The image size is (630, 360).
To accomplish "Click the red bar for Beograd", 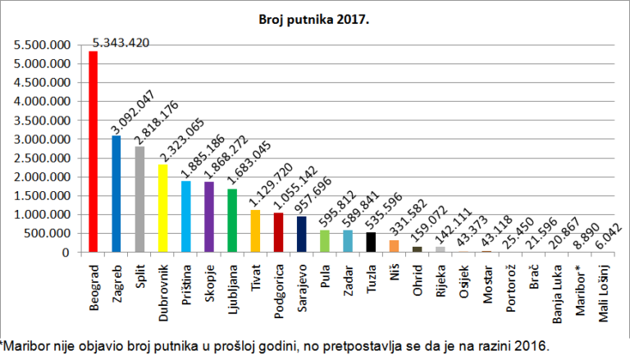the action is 94,152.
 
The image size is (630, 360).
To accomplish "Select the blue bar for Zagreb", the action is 116,194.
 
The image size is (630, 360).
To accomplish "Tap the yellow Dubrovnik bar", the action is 162,208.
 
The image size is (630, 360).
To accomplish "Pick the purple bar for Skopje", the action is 209,217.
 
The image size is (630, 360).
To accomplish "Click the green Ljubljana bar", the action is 232,221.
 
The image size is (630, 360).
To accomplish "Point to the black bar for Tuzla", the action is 372,242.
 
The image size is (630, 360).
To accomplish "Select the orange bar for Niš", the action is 394,246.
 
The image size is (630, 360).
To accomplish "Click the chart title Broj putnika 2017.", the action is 314,20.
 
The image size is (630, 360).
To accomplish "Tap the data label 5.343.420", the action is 121,43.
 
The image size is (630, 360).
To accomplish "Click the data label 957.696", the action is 313,195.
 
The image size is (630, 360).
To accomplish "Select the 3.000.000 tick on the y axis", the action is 42,139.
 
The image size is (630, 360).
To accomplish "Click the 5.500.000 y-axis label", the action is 42,45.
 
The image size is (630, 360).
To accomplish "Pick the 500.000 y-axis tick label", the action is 48,234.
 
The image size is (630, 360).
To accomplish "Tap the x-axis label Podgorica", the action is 278,291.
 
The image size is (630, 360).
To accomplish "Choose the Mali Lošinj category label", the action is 604,294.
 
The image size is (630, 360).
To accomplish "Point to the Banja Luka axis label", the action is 557,294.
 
